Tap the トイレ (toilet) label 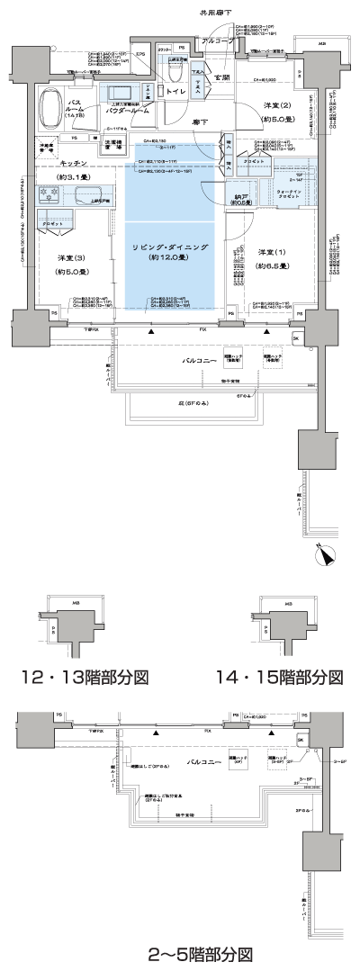pos(176,90)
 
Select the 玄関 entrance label pos(221,78)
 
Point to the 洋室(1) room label pos(271,257)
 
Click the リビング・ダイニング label pos(170,247)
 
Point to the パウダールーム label pos(131,115)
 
